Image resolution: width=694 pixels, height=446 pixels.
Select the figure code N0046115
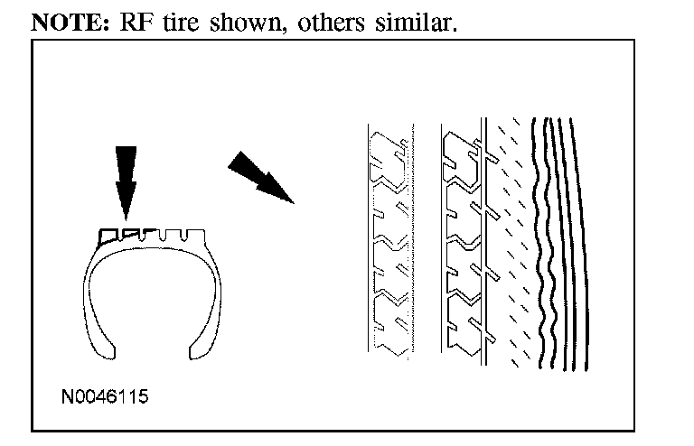click(105, 395)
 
